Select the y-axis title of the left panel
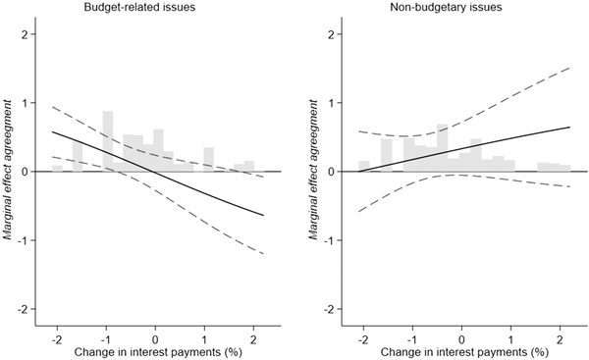10,172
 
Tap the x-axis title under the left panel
155,350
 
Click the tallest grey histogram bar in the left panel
108,142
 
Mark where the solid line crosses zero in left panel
153,172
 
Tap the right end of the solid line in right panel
569,128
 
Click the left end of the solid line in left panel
52,131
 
